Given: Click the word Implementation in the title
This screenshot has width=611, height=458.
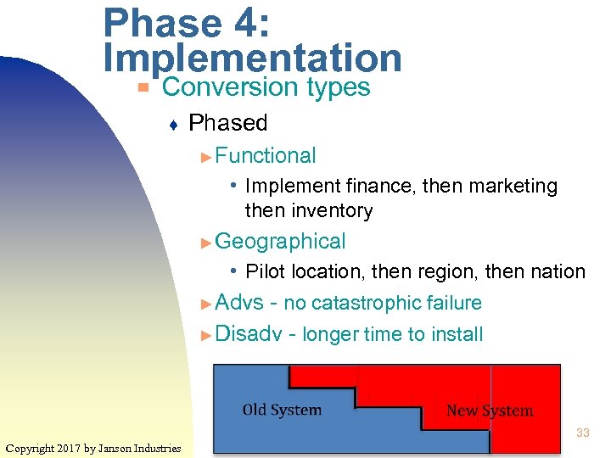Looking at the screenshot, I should click(x=252, y=58).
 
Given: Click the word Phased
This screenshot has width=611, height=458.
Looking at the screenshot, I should click(x=227, y=123).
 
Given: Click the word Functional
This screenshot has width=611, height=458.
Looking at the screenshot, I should click(x=266, y=155).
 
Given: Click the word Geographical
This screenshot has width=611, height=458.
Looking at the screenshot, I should click(x=280, y=242).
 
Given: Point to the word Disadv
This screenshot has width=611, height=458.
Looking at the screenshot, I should click(x=248, y=334).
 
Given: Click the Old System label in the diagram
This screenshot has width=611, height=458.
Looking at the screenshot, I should click(x=282, y=411).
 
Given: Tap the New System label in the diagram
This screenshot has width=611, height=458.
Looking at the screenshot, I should click(x=490, y=411).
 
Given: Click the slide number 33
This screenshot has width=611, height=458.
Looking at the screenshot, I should click(x=582, y=433).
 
